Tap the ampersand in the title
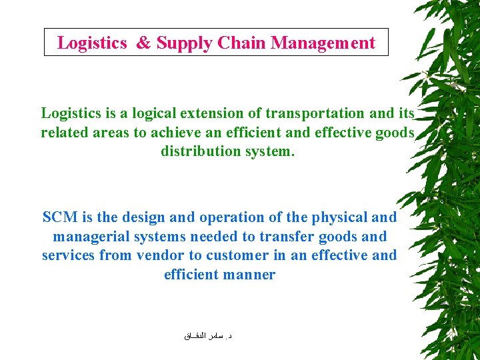pos(143,43)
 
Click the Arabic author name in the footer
pos(208,337)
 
